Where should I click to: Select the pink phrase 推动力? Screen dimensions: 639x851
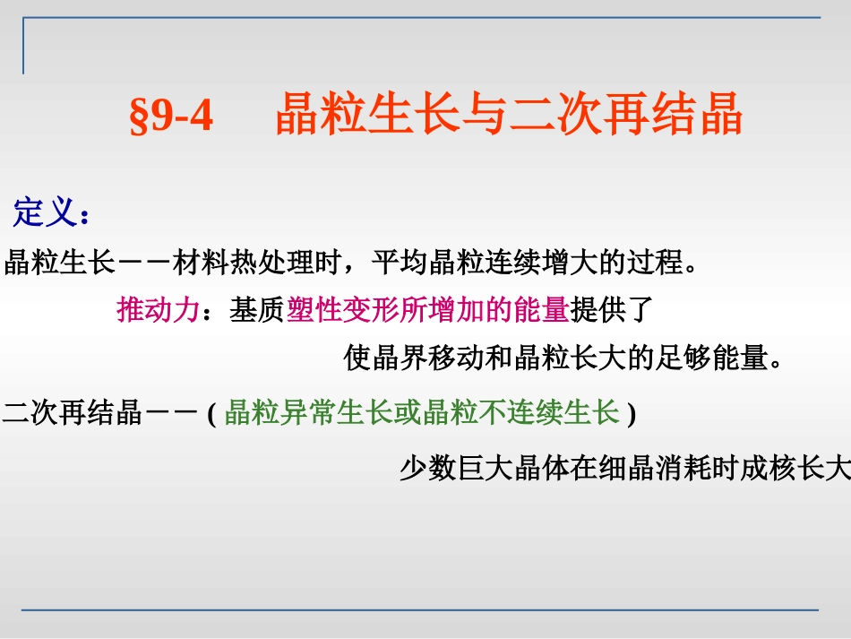158,310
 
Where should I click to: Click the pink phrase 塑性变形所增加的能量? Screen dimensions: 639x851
428,310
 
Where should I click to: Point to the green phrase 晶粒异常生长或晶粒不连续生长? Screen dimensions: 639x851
422,413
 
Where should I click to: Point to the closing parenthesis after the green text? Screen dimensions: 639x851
632,415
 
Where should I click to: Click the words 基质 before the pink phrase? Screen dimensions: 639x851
257,310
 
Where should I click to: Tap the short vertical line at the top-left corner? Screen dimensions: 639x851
23,46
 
